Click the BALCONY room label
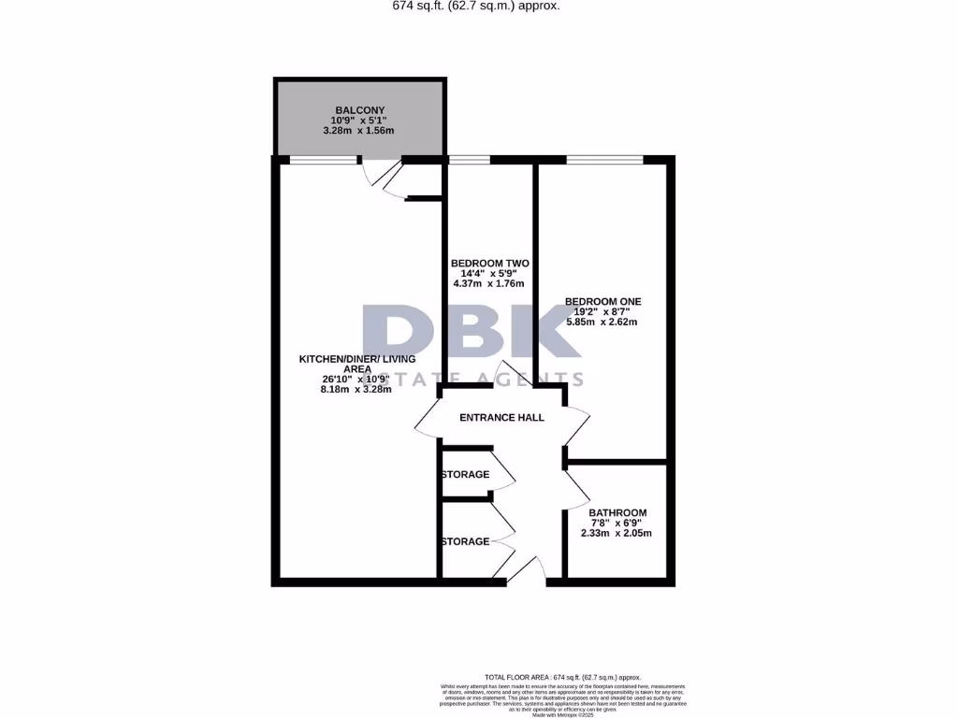[x=359, y=110]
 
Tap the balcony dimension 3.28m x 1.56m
[x=359, y=130]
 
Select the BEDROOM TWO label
[x=489, y=263]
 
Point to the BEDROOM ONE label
[x=602, y=301]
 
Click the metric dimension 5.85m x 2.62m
[x=602, y=323]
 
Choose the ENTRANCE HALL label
[x=501, y=417]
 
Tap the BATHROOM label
[x=617, y=512]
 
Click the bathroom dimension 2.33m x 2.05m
[x=617, y=533]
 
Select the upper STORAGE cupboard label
[x=465, y=475]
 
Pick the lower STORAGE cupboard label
[x=465, y=541]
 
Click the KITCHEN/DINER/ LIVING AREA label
[x=356, y=364]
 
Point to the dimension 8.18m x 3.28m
[x=356, y=390]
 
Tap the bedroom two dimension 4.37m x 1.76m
[x=489, y=283]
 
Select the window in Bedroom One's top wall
[x=604, y=160]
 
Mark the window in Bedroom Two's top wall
[x=462, y=160]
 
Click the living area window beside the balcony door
[x=323, y=160]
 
